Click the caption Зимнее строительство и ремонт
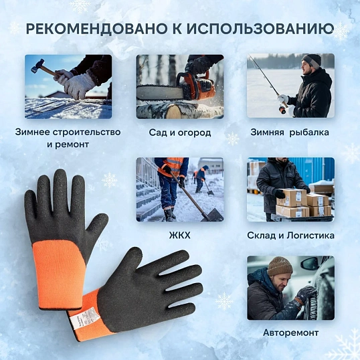68,138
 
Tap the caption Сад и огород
180,132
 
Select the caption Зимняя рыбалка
290,132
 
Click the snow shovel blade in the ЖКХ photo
212,213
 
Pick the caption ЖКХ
180,236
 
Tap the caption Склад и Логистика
290,236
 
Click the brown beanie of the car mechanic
279,266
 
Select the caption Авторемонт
290,332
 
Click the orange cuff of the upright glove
59,274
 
